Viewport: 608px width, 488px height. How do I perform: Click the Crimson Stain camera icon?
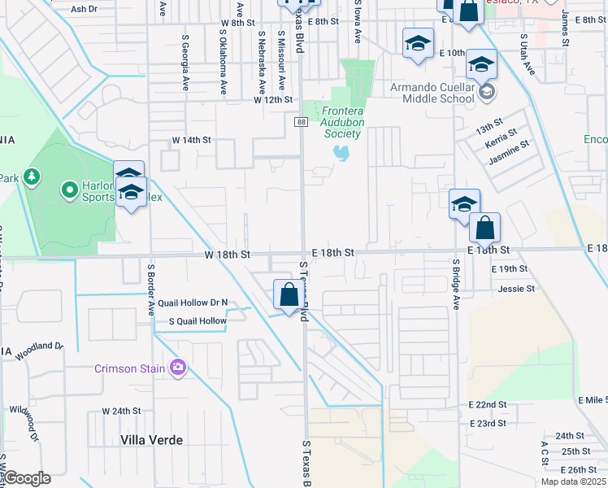pyautogui.click(x=178, y=368)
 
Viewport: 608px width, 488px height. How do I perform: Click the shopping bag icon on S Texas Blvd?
pyautogui.click(x=289, y=294)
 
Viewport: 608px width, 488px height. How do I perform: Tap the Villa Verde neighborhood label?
pyautogui.click(x=151, y=440)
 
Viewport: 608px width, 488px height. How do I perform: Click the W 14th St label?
pyautogui.click(x=191, y=140)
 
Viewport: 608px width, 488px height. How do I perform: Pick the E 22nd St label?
pyautogui.click(x=487, y=404)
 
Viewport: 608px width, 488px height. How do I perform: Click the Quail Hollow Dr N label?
pyautogui.click(x=193, y=303)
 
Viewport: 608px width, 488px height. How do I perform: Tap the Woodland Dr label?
pyautogui.click(x=38, y=346)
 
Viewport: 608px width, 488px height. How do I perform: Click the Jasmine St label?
pyautogui.click(x=508, y=152)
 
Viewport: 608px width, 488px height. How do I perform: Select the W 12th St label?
pyautogui.click(x=272, y=99)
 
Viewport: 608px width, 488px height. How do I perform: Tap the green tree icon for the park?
pyautogui.click(x=32, y=176)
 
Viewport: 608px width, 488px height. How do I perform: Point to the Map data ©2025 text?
pyautogui.click(x=573, y=481)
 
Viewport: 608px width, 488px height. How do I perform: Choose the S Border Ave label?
pyautogui.click(x=150, y=290)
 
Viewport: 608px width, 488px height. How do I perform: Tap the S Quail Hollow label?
pyautogui.click(x=198, y=321)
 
